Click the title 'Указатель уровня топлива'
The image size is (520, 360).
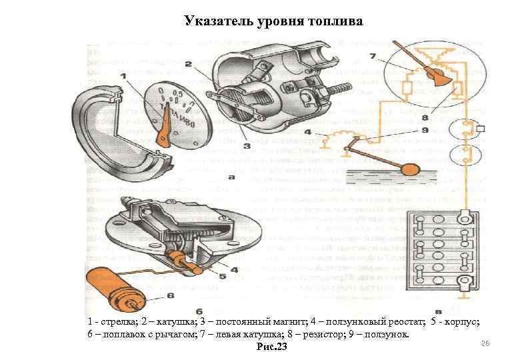point(273,22)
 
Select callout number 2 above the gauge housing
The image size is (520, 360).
point(189,64)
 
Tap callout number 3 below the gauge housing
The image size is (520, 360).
point(247,145)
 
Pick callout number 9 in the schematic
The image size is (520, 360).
point(443,131)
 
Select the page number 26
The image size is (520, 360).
point(485,342)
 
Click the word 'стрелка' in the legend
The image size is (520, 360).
point(117,322)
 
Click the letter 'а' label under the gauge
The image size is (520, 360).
point(229,178)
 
